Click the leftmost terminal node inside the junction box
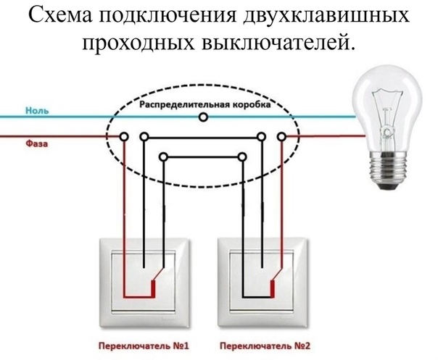(125, 135)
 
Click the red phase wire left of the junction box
(58, 135)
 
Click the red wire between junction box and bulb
(326, 135)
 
